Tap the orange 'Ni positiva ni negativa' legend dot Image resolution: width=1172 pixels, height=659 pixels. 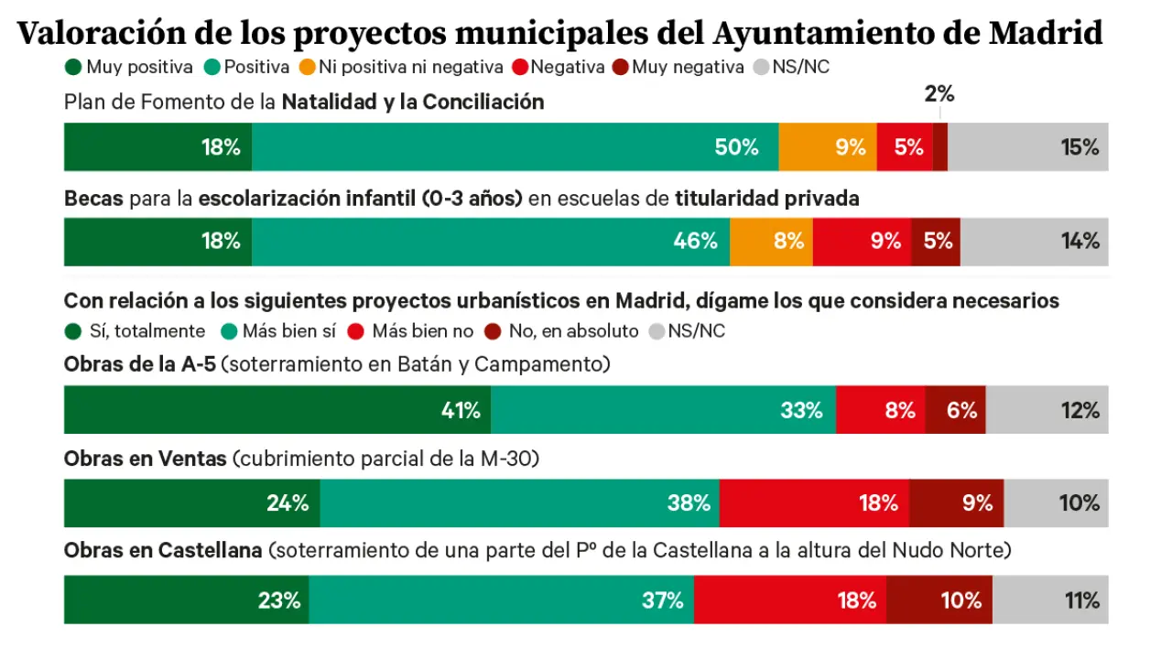coord(306,67)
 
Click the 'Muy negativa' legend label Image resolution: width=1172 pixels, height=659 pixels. coord(688,67)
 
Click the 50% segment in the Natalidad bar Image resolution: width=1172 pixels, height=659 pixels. coord(515,146)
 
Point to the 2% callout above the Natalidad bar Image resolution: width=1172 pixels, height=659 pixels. coord(939,93)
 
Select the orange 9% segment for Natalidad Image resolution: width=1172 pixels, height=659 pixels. coord(828,146)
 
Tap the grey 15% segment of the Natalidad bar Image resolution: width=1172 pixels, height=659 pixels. coord(1027,146)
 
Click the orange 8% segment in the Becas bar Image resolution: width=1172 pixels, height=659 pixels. coord(771,242)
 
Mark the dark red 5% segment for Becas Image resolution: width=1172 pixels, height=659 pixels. coord(936,242)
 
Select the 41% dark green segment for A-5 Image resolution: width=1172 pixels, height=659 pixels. coord(277,409)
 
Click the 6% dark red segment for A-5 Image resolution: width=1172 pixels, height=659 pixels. coord(955,409)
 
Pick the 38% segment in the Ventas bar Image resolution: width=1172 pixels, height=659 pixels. coord(519,502)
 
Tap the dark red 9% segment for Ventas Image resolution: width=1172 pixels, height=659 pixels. coord(956,502)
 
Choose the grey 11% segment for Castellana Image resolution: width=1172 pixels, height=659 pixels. coord(1050,600)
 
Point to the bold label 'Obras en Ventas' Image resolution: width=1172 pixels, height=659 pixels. coord(145,459)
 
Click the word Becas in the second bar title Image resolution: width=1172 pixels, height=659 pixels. coord(93,199)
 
